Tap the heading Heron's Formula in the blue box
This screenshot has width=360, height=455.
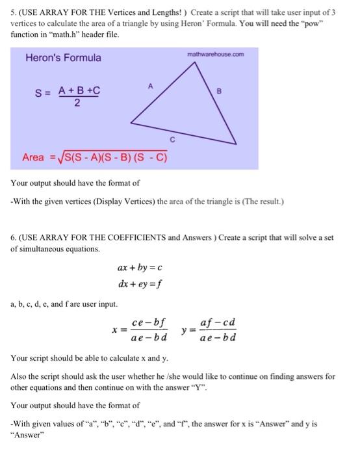tap(63, 58)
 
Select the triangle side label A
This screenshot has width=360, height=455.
tap(150, 84)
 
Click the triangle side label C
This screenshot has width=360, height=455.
tap(172, 138)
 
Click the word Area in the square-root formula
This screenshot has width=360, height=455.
tap(33, 157)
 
